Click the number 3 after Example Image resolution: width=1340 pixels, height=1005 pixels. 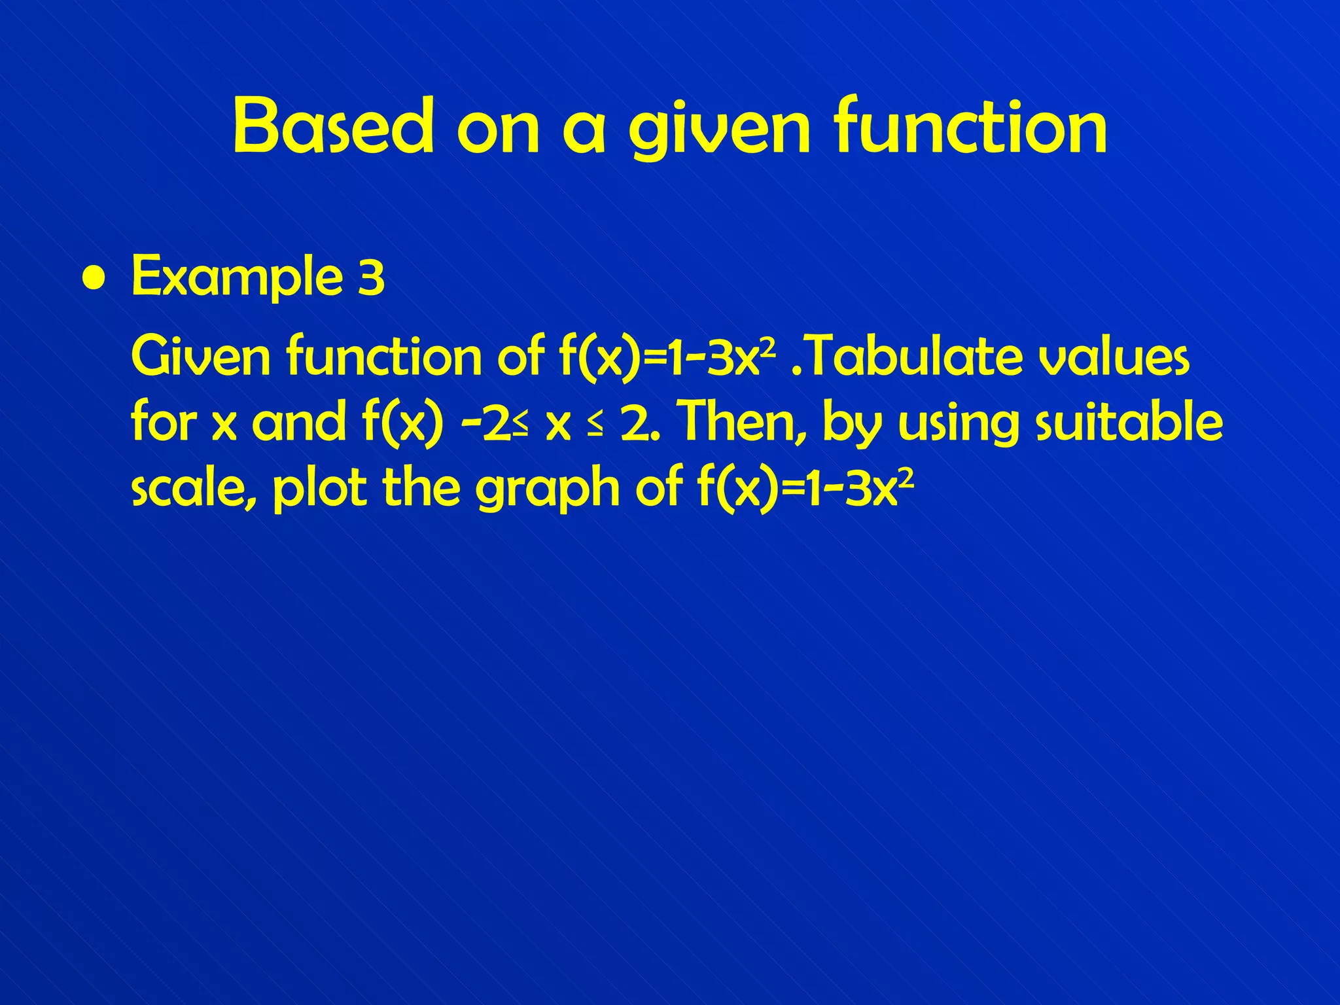coord(371,277)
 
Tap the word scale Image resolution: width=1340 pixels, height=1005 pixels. coord(194,488)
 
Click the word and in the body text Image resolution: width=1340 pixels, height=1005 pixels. coord(298,422)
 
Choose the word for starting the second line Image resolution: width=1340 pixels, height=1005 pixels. coord(164,421)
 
